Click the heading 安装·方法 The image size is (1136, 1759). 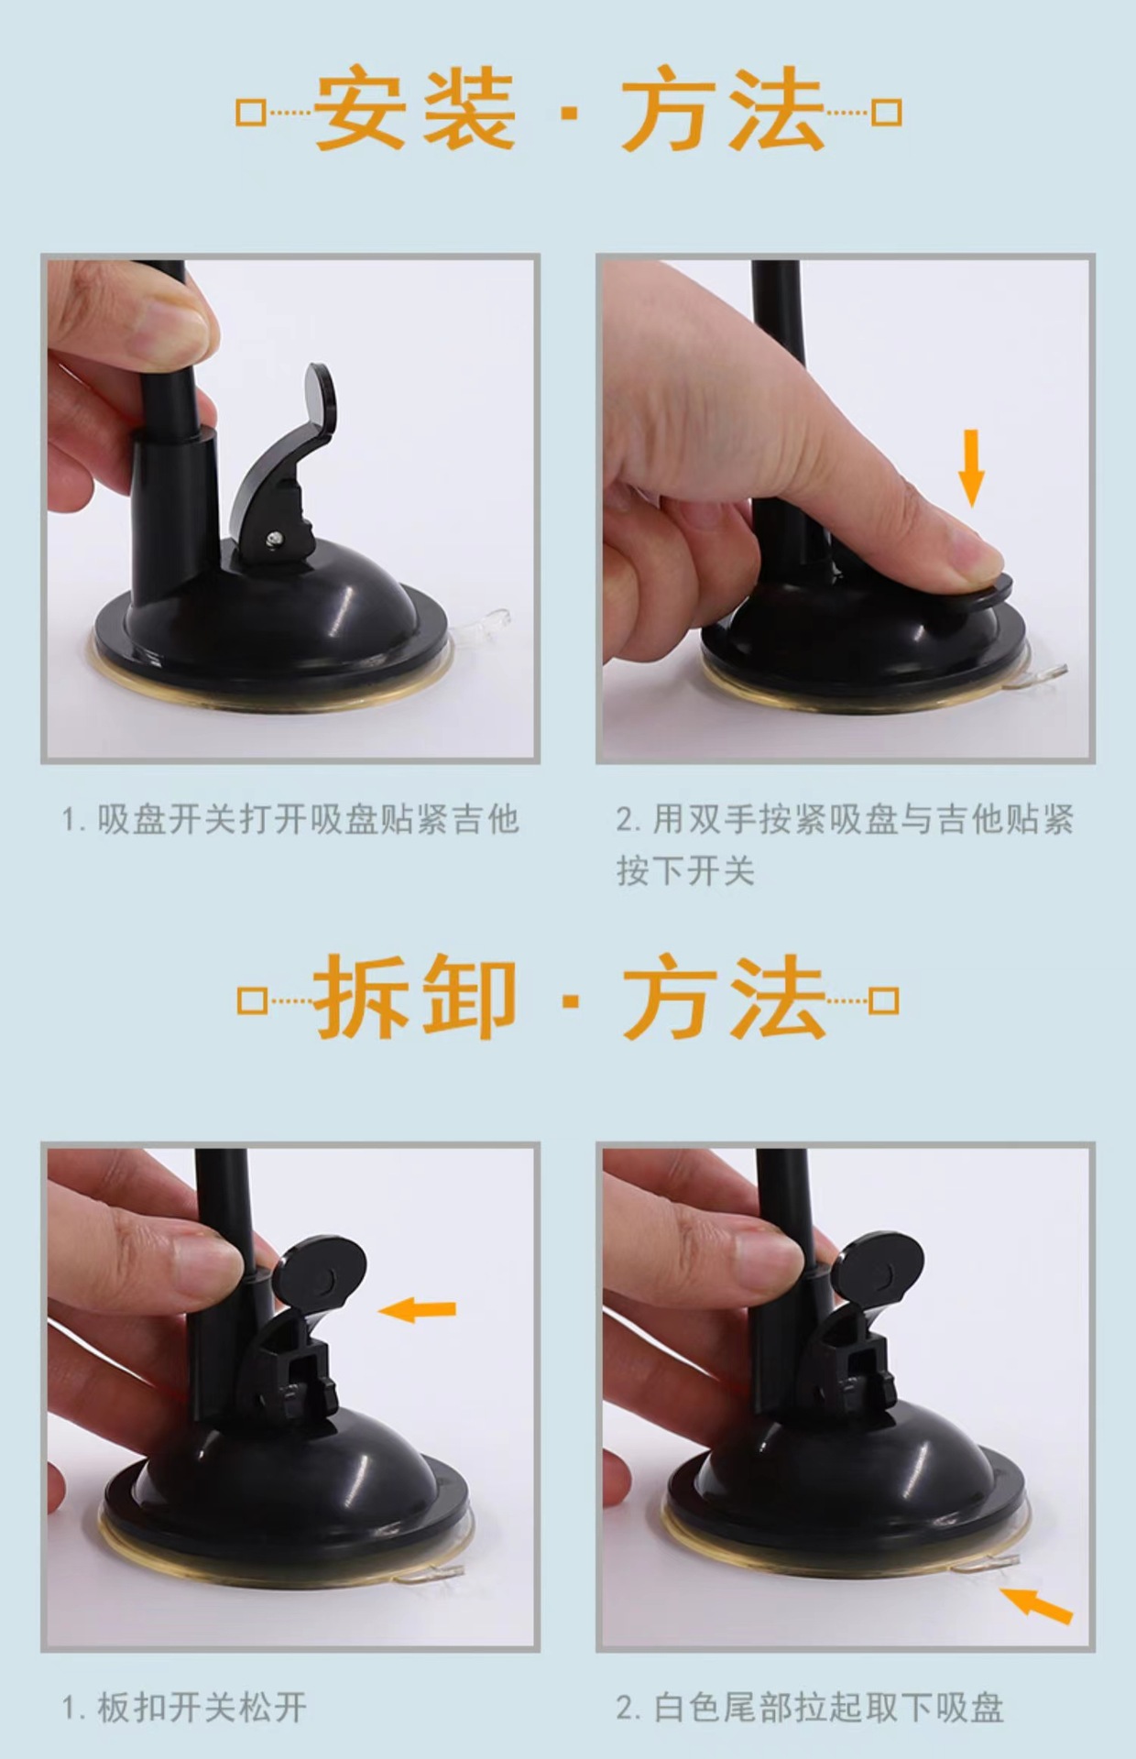(x=568, y=112)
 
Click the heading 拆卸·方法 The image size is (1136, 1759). (x=568, y=999)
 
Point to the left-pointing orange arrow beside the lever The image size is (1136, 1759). (x=418, y=1310)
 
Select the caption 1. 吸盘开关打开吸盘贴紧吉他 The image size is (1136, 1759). (x=290, y=819)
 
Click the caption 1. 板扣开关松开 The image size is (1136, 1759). (x=184, y=1708)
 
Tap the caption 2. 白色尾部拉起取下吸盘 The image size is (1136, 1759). (x=810, y=1708)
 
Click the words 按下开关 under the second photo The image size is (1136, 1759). (x=685, y=870)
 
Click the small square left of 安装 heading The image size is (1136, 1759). (x=250, y=113)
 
